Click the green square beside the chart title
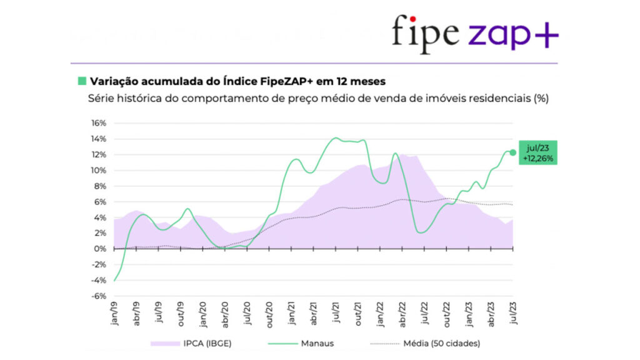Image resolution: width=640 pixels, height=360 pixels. [81, 81]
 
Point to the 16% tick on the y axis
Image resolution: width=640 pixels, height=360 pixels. [99, 123]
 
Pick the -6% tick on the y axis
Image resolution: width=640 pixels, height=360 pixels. [99, 296]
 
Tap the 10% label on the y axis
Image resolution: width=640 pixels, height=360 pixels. [99, 171]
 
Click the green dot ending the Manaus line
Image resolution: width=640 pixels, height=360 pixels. [512, 152]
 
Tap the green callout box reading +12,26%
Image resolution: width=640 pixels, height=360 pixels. [537, 152]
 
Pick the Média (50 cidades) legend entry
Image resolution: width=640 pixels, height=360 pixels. [425, 343]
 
